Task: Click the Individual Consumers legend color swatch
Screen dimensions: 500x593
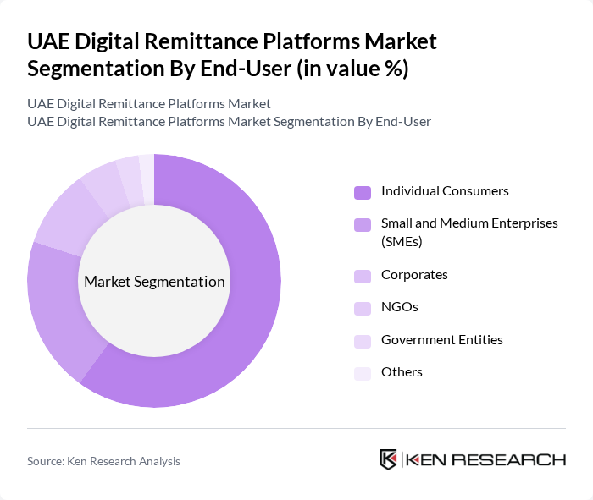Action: (363, 192)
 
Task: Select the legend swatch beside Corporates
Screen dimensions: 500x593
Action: (363, 276)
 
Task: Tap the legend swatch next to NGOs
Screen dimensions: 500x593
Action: (363, 308)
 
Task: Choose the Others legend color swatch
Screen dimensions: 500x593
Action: (363, 373)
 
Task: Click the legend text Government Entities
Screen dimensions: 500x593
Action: (441, 339)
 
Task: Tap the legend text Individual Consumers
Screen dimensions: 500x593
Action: (445, 190)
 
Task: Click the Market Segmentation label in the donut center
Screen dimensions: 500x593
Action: (154, 282)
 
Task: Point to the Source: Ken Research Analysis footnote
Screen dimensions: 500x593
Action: (103, 461)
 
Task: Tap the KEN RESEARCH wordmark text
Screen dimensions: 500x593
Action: (485, 459)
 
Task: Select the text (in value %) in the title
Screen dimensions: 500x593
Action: (352, 69)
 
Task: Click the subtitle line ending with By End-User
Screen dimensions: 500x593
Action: (229, 121)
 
